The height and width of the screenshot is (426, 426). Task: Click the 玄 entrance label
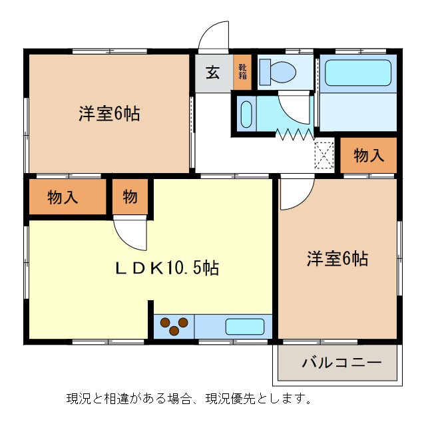point(212,73)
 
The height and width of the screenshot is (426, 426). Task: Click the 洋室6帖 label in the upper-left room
point(109,114)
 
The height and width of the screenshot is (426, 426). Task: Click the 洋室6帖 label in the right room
point(337,258)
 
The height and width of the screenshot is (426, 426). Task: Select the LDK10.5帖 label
point(168,268)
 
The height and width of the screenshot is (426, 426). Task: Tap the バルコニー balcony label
point(341,363)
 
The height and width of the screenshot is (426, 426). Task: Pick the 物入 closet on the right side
point(369,156)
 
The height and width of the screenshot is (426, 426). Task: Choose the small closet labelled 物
point(130,197)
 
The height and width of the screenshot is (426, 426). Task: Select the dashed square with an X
point(324,156)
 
